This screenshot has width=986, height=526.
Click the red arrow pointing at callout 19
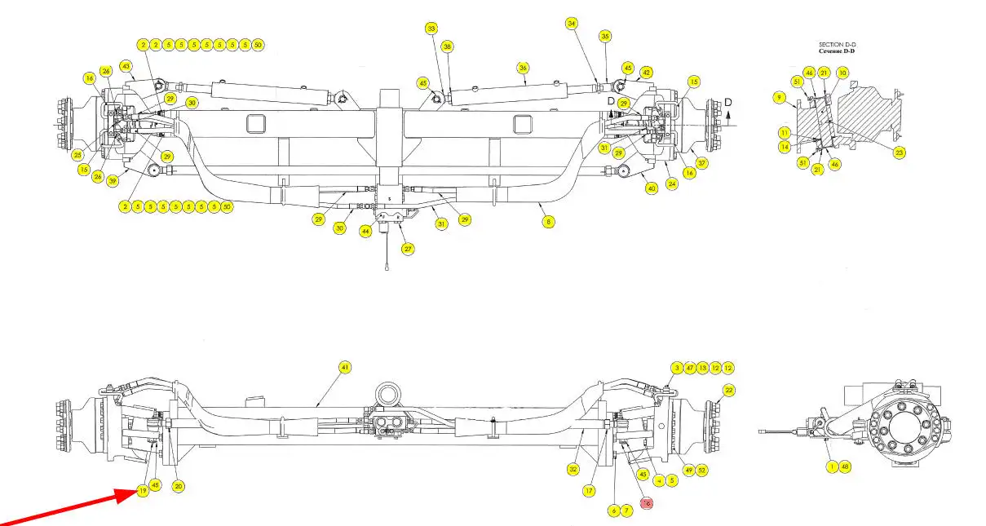point(65,506)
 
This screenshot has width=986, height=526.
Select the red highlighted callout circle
point(647,503)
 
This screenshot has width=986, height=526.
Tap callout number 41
point(344,368)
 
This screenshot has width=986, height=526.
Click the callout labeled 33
point(431,29)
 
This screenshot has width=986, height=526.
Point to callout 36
point(524,68)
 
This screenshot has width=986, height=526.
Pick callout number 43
point(126,65)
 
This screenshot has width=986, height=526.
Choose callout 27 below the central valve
point(408,249)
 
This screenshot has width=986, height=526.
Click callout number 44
point(366,232)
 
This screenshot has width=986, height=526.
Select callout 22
point(729,391)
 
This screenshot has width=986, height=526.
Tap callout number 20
point(179,486)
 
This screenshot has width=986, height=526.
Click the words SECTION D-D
point(837,44)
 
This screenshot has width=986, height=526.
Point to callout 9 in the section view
point(780,98)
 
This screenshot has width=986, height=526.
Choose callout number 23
point(900,152)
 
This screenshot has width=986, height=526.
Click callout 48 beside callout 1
point(845,466)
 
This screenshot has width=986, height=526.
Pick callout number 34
point(572,24)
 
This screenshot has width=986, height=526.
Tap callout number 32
point(573,469)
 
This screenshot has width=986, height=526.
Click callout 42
point(647,73)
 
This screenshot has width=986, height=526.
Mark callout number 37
point(702,163)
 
